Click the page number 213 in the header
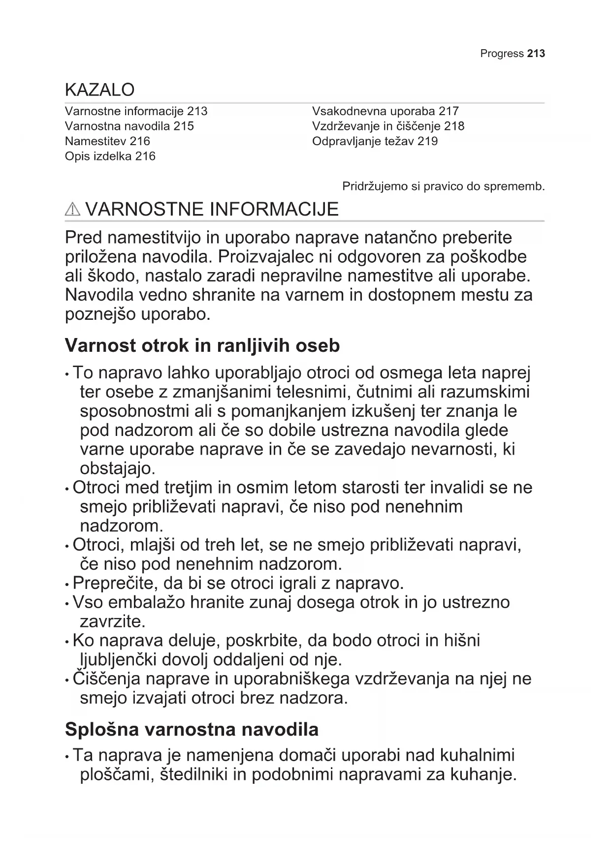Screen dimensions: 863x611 [536, 54]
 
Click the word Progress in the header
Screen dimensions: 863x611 [502, 54]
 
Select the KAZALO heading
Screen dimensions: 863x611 [99, 90]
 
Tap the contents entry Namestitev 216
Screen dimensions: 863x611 [107, 141]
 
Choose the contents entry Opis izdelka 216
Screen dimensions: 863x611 [110, 156]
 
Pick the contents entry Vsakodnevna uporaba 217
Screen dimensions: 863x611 [385, 111]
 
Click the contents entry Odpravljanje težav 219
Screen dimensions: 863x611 [375, 142]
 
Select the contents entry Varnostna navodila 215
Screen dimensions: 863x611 [129, 126]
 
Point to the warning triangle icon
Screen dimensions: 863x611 [72, 210]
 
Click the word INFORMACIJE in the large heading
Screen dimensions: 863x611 [274, 209]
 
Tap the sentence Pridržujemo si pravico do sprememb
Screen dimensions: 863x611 [443, 186]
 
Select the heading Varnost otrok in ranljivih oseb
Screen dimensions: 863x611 [202, 345]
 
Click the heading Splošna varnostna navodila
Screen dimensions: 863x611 [192, 729]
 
